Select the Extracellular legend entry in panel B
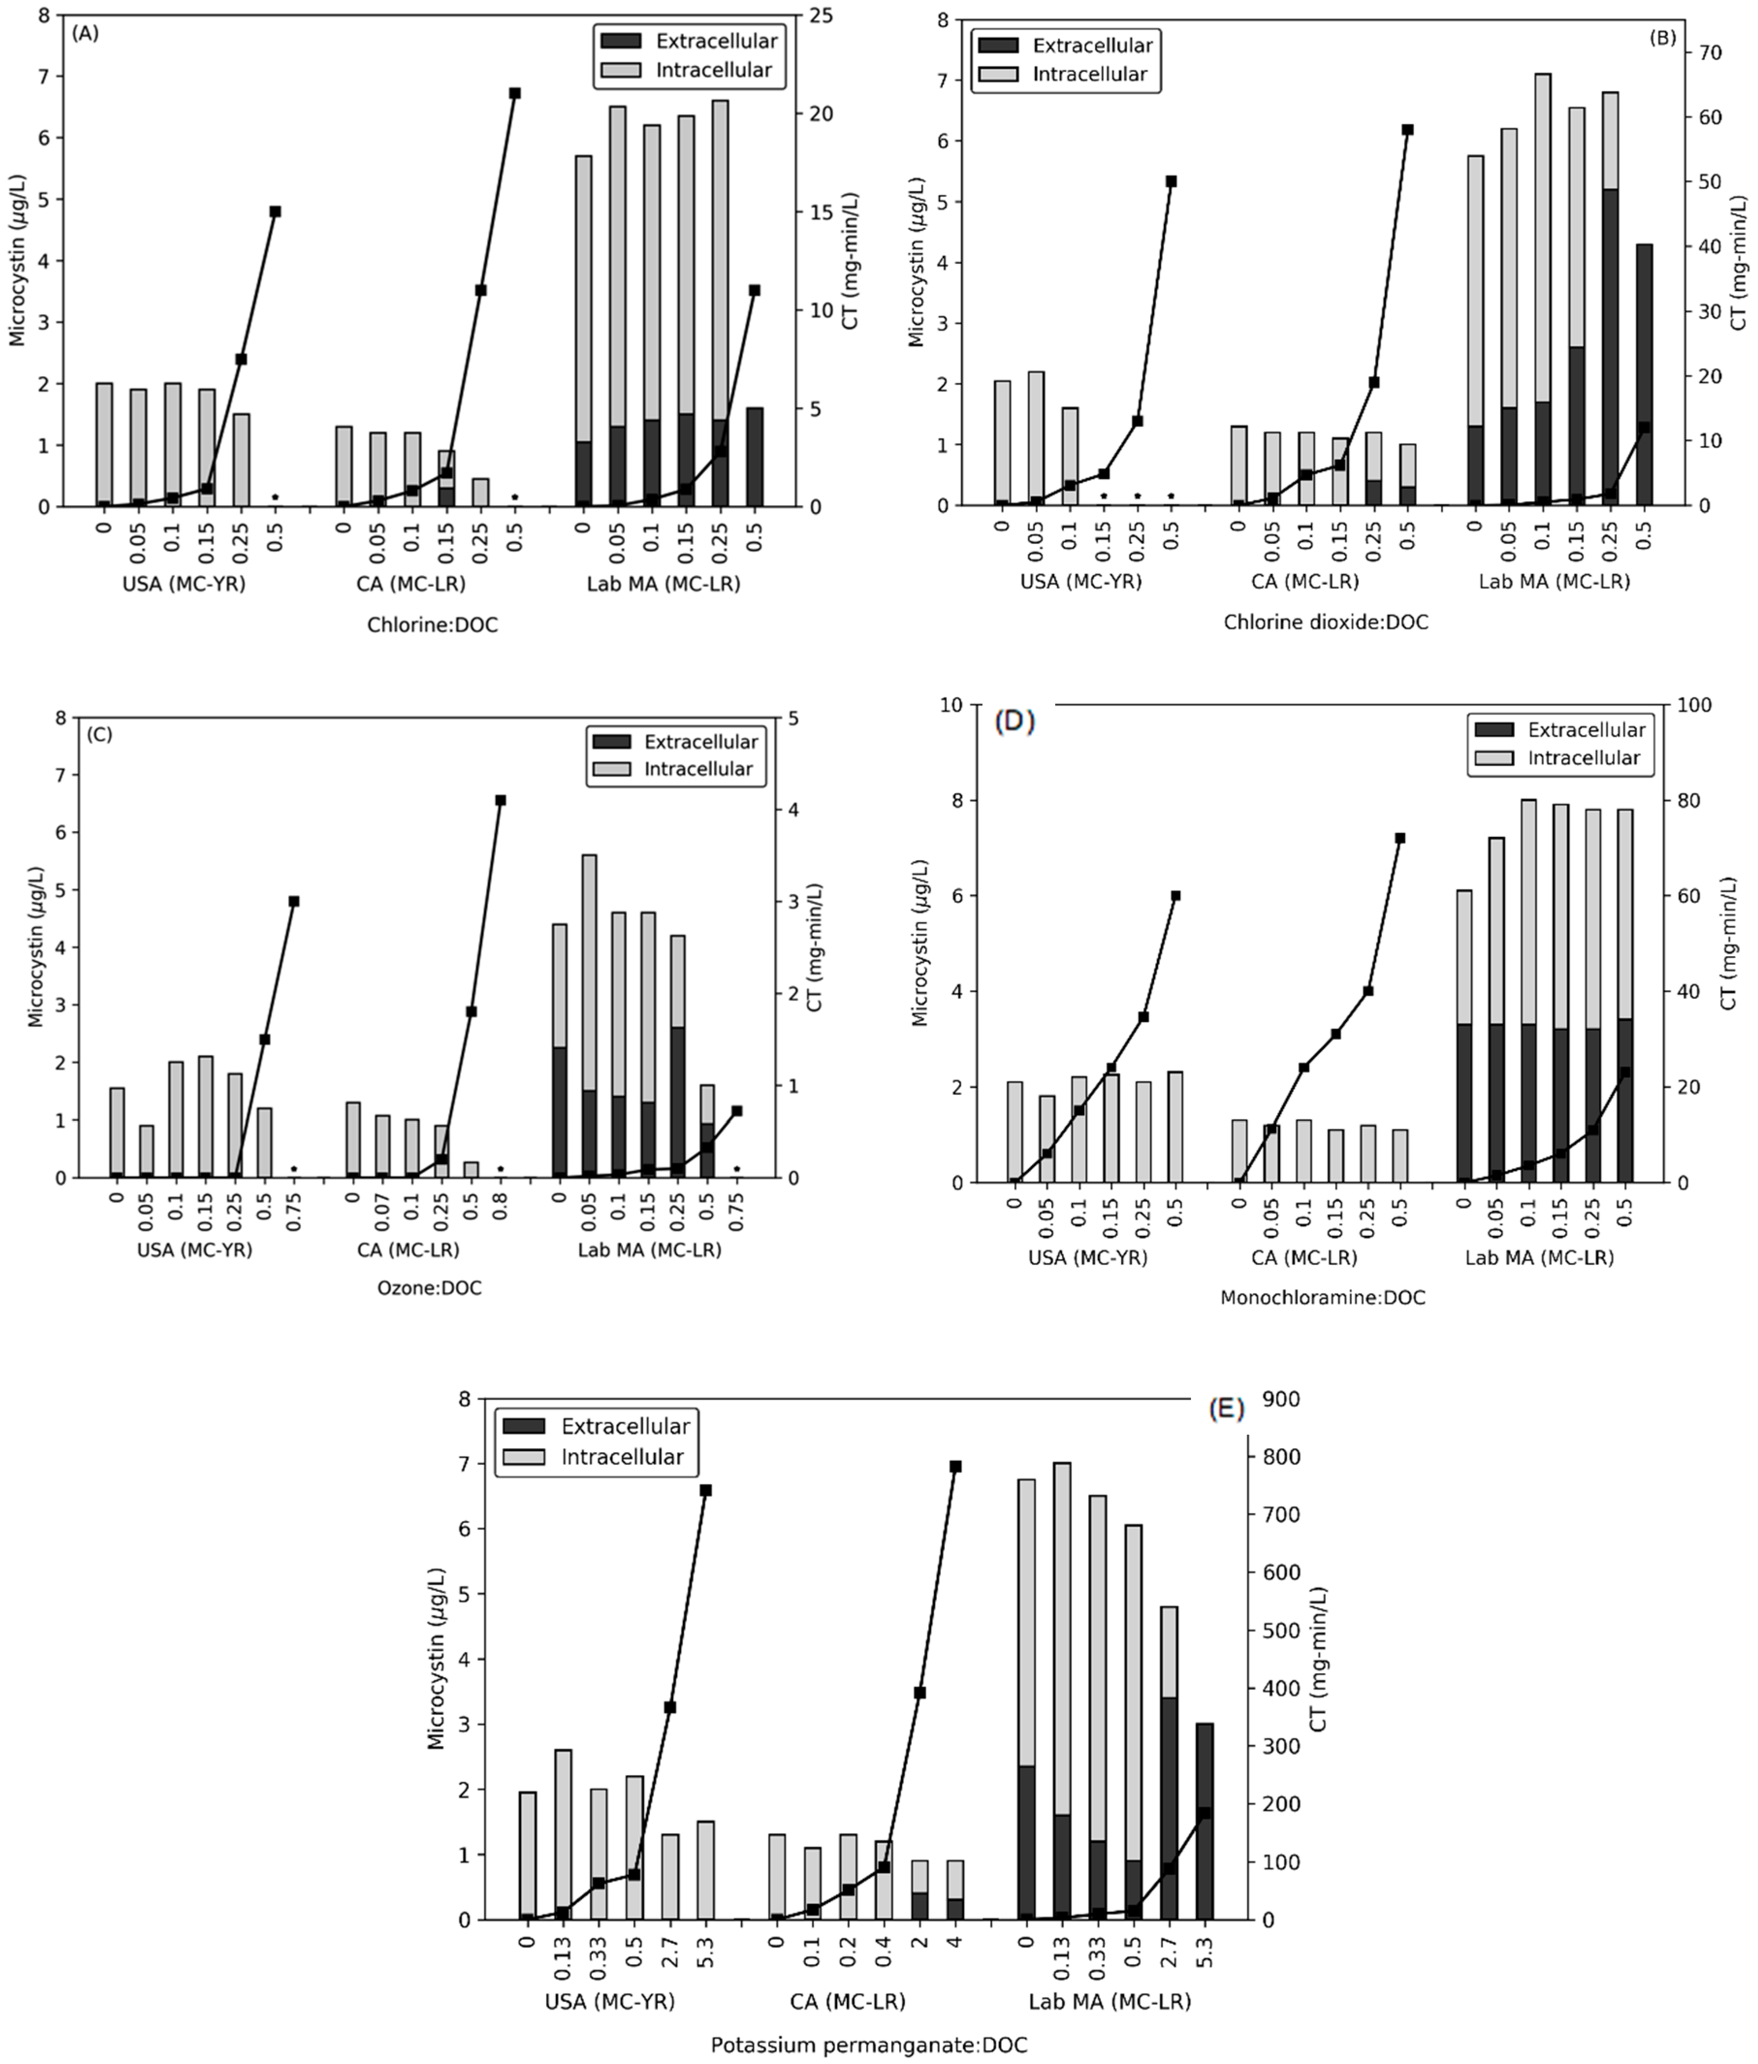pyautogui.click(x=1091, y=45)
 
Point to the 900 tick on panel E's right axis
pyautogui.click(x=1280, y=1400)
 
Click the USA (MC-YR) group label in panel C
pyautogui.click(x=194, y=1250)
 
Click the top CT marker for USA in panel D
pyautogui.click(x=1175, y=896)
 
